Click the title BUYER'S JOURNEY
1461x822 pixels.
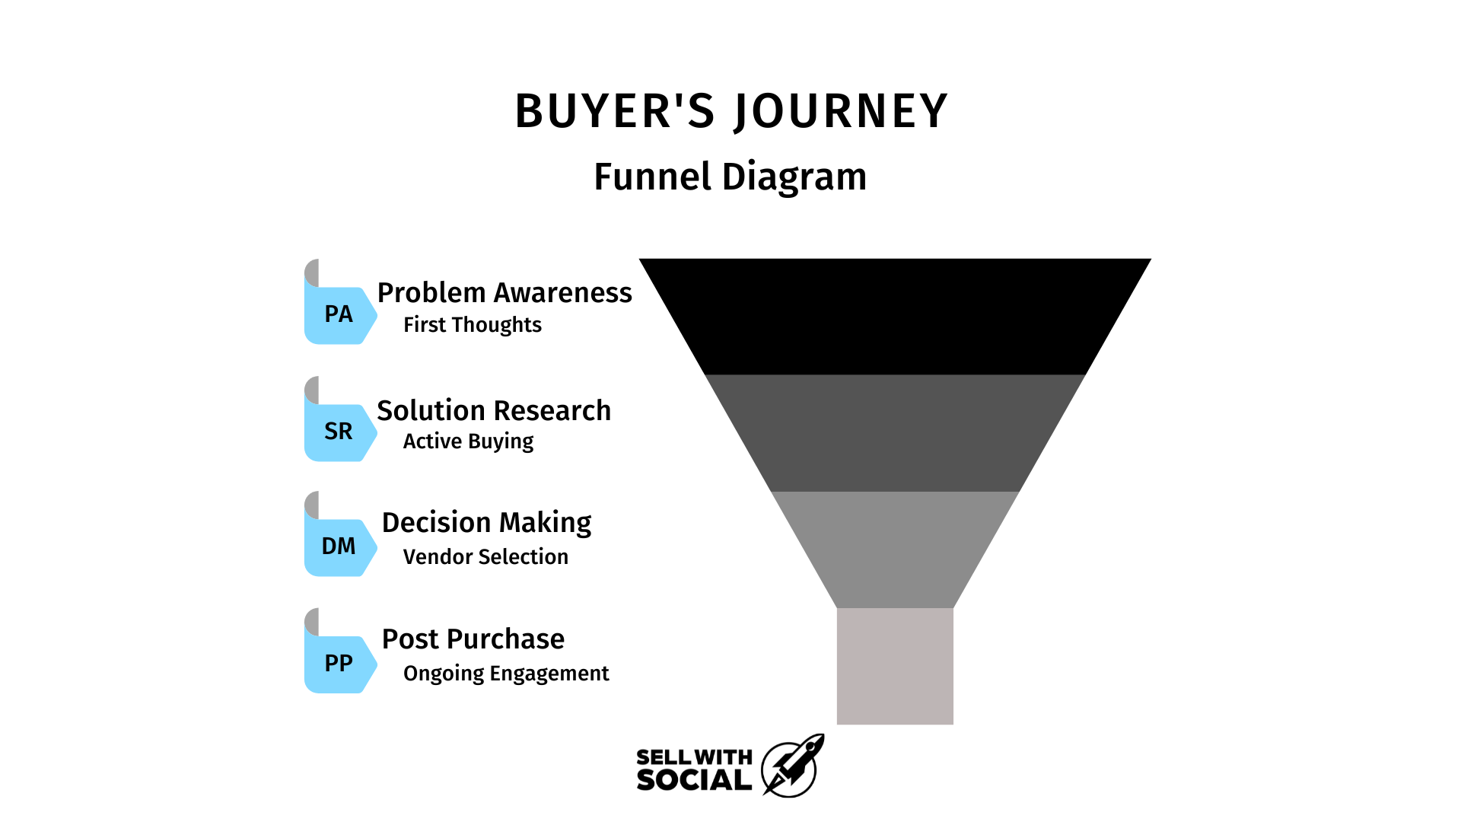(731, 111)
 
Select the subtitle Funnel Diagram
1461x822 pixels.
(730, 177)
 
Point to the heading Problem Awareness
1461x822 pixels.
(505, 293)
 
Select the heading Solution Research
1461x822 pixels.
(494, 410)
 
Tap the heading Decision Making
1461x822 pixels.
(487, 524)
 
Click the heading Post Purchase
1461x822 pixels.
(473, 639)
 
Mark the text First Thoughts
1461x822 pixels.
(473, 325)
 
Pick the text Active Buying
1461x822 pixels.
(469, 442)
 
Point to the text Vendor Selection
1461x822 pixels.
(485, 557)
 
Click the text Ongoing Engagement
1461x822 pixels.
(506, 674)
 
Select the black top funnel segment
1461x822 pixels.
(895, 317)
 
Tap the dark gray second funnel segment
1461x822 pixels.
(895, 433)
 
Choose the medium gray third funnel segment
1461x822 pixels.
(895, 550)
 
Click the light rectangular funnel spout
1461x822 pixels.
(895, 666)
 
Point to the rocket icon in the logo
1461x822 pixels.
(793, 766)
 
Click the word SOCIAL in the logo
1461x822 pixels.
(694, 780)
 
